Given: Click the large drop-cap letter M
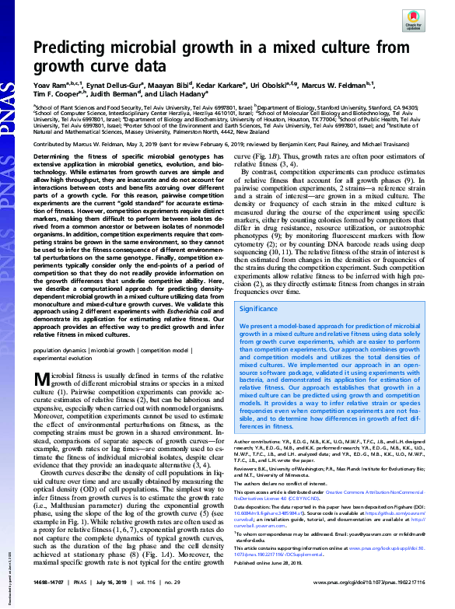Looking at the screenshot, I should point(44,401).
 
